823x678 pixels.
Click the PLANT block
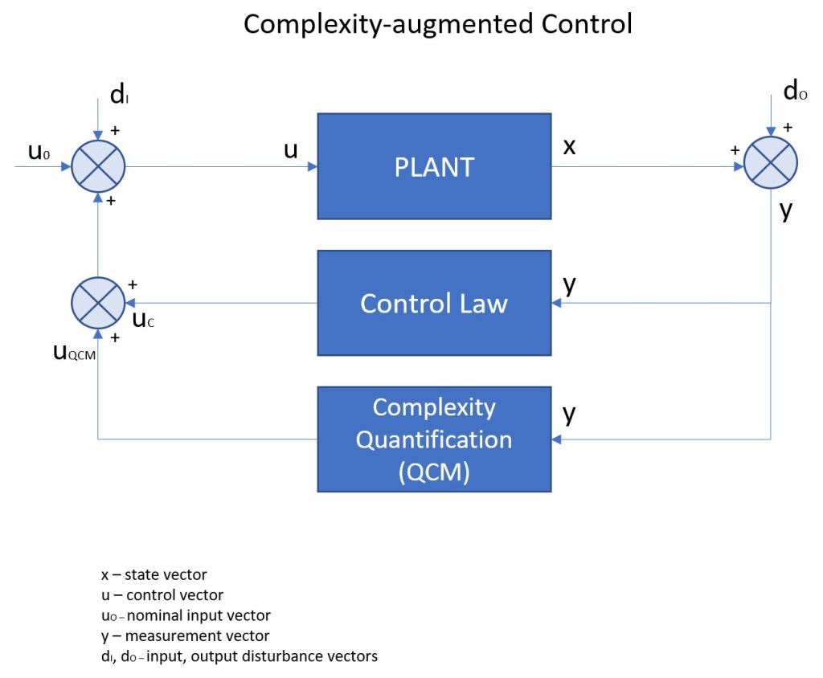point(434,166)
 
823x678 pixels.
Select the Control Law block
point(434,303)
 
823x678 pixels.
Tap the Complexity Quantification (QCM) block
point(434,439)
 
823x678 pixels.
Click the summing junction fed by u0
point(98,167)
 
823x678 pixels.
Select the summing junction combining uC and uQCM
point(98,303)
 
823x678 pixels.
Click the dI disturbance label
point(120,96)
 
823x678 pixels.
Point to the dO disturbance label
point(795,92)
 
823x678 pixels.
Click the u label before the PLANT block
point(291,150)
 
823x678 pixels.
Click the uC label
point(143,321)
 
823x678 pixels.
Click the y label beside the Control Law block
point(569,285)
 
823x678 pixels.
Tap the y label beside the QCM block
point(569,414)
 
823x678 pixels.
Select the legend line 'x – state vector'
point(154,574)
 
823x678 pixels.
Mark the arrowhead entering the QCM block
point(556,439)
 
